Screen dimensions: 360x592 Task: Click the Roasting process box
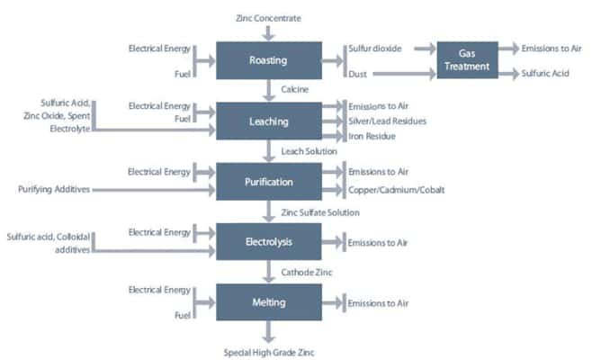[x=269, y=60]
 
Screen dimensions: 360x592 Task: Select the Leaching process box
[x=269, y=121]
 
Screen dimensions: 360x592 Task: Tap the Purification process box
[x=269, y=182]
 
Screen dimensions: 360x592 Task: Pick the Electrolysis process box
[x=269, y=242]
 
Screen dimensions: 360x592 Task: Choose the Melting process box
[x=269, y=302]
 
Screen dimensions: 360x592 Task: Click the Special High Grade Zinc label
[x=270, y=351]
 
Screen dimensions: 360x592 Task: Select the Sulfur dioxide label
[x=376, y=49]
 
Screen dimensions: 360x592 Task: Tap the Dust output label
[x=357, y=73]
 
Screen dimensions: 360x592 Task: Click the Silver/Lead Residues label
[x=388, y=121]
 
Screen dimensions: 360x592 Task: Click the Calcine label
[x=294, y=90]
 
